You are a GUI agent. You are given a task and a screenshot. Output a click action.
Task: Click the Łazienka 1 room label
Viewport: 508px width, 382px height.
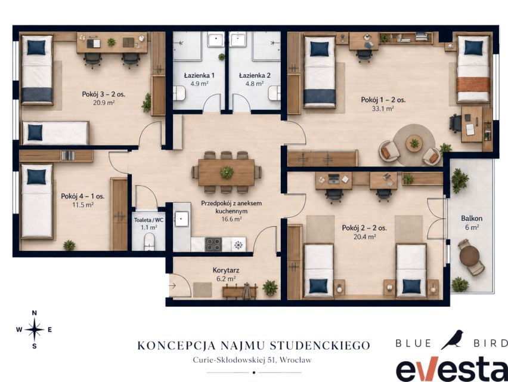pos(199,76)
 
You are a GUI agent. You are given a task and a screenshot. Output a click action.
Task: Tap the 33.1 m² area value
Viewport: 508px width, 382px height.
pos(383,109)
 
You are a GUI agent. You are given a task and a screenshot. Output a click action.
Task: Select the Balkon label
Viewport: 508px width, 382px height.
pos(472,218)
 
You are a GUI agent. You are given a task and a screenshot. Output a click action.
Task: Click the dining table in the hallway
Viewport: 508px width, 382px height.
pos(226,172)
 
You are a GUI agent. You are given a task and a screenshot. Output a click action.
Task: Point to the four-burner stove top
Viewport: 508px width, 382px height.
pos(213,245)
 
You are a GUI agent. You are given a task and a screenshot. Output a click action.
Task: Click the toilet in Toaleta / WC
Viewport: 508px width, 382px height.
pos(149,242)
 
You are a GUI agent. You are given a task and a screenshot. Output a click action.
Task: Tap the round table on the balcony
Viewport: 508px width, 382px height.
pos(469,256)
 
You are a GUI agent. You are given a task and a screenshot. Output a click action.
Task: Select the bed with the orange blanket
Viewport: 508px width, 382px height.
pos(473,69)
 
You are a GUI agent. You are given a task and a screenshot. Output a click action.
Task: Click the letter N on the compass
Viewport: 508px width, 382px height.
pos(35,313)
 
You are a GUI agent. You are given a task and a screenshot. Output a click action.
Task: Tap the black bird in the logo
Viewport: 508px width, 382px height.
pos(452,340)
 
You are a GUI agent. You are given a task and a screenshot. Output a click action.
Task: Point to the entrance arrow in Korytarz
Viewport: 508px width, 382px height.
pos(172,286)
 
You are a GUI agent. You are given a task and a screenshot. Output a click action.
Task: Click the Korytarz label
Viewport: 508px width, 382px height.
pos(226,270)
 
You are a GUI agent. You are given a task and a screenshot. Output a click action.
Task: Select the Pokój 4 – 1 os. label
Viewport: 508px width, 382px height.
pos(83,196)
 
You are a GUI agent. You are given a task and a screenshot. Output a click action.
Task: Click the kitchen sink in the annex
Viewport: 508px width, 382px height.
pos(182,218)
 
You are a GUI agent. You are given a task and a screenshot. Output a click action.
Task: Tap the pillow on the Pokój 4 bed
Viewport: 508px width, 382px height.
pos(36,177)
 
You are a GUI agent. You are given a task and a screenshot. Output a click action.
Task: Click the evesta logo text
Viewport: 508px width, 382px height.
pos(451,369)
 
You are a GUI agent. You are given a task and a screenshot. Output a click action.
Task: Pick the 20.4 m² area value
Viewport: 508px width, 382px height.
pos(364,237)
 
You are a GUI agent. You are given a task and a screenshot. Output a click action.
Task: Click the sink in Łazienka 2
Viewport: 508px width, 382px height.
pos(238,39)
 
